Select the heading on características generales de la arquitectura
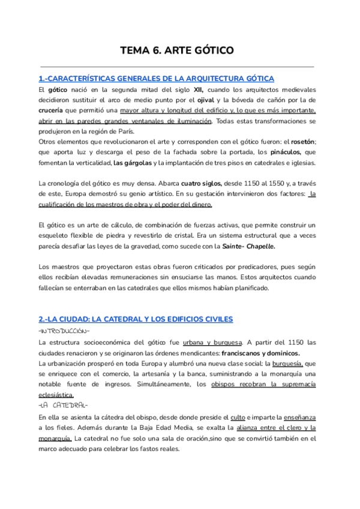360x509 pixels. pyautogui.click(x=156, y=79)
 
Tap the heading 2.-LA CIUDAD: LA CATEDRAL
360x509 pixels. pyautogui.click(x=135, y=319)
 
